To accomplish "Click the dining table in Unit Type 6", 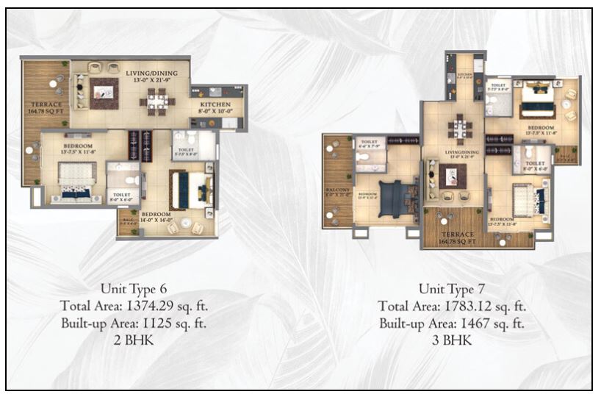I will coord(156,101).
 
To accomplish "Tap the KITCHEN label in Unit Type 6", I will coord(215,105).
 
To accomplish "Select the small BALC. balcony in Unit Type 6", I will coord(127,222).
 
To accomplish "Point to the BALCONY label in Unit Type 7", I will coord(337,192).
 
